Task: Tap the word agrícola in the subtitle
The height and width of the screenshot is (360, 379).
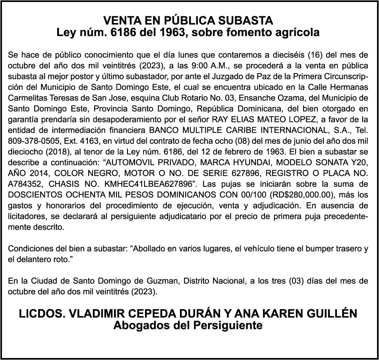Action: [x=296, y=33]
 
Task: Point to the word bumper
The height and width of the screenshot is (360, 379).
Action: [x=316, y=249]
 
